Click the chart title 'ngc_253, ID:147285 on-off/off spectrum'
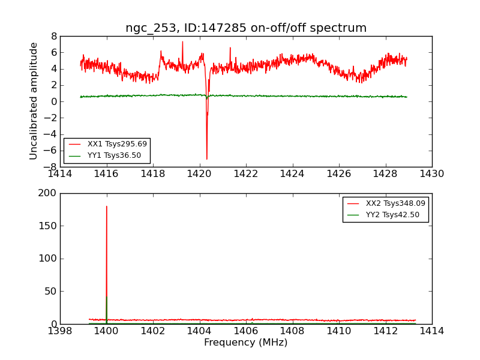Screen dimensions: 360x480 (x=246, y=28)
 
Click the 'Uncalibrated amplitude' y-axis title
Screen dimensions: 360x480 (x=34, y=101)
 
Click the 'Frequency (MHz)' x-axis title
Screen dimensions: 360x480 (x=246, y=343)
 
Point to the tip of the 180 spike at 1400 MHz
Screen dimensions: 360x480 (x=107, y=206)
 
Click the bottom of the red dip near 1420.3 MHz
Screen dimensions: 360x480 (x=207, y=159)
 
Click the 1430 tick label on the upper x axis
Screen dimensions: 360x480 (x=432, y=174)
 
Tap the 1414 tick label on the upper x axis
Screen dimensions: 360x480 (x=60, y=174)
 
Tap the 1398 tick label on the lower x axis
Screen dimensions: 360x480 (x=60, y=331)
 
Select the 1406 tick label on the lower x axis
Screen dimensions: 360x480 (x=246, y=331)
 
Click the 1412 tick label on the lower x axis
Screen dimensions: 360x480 (x=385, y=331)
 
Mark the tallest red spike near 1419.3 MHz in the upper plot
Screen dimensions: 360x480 (x=182, y=42)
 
